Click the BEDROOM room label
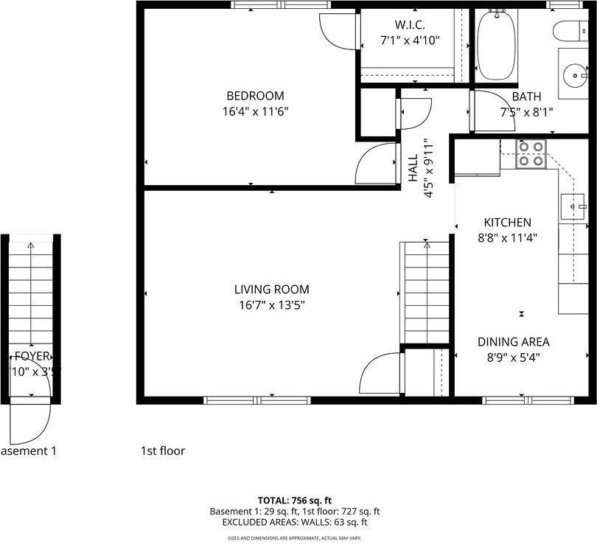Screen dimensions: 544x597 click(x=255, y=96)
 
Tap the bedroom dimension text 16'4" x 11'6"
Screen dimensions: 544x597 click(x=255, y=112)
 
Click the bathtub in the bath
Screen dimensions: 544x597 click(x=496, y=46)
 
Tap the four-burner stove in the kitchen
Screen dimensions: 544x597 click(x=530, y=153)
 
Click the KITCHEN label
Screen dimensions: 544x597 click(x=507, y=223)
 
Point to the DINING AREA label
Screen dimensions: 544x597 click(x=513, y=342)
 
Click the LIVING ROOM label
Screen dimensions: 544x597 click(x=271, y=290)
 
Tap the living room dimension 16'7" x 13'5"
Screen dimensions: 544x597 click(x=271, y=305)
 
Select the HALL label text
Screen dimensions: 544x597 click(x=413, y=167)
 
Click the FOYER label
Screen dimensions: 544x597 click(x=31, y=356)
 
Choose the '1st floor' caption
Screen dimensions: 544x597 click(x=163, y=450)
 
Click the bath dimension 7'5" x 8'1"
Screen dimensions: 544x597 click(x=526, y=112)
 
